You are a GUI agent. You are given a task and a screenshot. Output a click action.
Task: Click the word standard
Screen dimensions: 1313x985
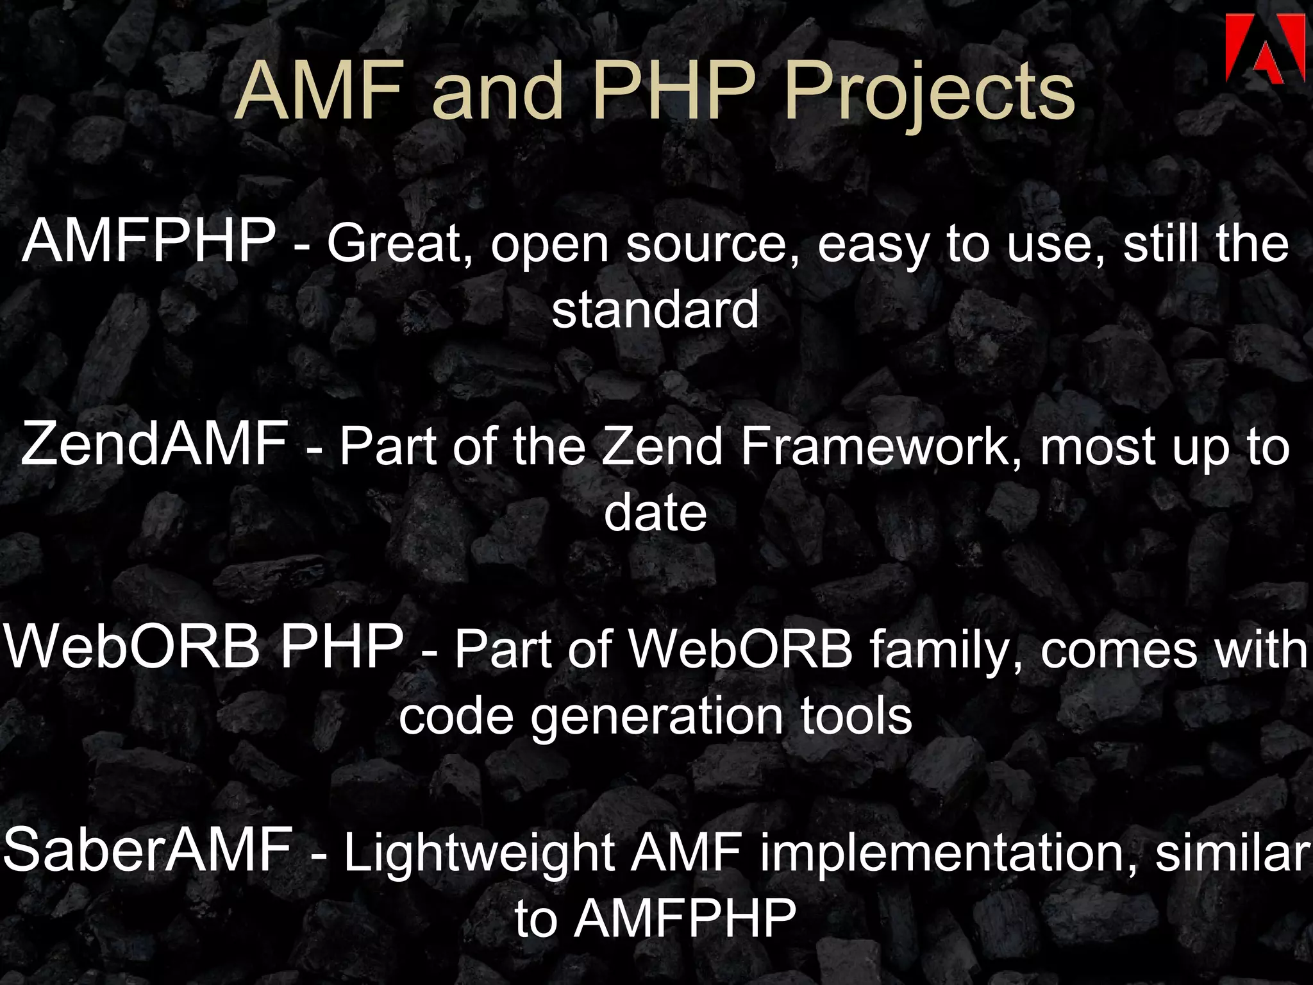coord(655,310)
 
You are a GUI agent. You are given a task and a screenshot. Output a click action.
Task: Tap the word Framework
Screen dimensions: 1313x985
coord(881,446)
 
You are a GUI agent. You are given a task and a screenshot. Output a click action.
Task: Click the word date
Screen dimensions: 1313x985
coord(655,512)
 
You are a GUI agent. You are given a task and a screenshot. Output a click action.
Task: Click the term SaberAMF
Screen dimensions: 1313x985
coord(148,849)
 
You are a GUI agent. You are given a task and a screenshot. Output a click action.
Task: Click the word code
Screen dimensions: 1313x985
coord(456,716)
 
